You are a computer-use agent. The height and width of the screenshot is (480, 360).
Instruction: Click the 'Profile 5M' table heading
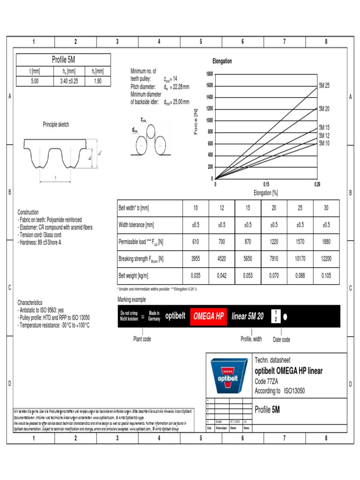63,60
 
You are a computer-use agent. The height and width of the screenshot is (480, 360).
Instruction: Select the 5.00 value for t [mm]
35,81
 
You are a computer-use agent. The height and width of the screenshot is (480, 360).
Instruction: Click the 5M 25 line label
324,86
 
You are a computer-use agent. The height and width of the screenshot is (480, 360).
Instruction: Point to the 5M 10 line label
324,143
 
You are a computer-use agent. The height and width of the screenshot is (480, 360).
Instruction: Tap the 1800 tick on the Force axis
209,74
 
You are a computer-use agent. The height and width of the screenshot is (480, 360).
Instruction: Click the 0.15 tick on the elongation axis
266,184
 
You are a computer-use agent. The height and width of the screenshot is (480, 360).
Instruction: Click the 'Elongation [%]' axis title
266,192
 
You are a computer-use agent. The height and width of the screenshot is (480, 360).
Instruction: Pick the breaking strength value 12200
326,258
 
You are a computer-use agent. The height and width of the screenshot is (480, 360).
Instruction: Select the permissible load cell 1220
274,241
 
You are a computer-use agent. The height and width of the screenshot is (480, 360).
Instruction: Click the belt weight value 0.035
195,276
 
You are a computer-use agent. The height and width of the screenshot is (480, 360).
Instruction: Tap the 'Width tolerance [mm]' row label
136,225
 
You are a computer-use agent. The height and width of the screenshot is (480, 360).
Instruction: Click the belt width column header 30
326,208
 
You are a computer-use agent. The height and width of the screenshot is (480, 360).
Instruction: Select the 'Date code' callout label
282,339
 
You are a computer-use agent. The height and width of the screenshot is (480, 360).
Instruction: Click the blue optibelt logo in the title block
228,376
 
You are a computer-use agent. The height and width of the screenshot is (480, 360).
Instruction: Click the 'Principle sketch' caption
56,125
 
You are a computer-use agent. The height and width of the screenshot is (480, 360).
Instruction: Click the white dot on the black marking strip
285,316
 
